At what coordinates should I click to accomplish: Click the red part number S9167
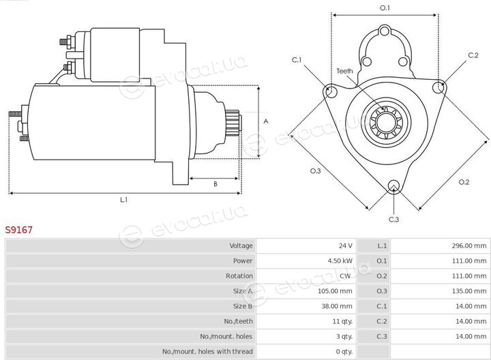tap(19, 230)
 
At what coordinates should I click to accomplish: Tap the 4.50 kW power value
tap(340, 260)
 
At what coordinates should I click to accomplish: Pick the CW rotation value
tap(345, 275)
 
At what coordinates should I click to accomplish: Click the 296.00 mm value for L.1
tap(469, 245)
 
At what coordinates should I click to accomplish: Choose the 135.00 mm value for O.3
tap(469, 291)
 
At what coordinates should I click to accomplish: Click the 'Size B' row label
tap(243, 306)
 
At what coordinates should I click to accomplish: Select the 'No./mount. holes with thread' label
tap(207, 352)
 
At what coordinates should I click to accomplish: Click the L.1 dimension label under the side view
tap(124, 200)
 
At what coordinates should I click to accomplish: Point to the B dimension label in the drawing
tap(215, 184)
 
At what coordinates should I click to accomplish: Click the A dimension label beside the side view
tap(266, 121)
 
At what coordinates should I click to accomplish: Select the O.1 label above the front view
tap(385, 7)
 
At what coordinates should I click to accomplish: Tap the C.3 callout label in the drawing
tap(393, 220)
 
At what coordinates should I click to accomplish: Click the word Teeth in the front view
tap(344, 71)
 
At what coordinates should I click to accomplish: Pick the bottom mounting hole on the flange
tap(393, 187)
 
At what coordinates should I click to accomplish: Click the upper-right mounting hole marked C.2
tap(438, 87)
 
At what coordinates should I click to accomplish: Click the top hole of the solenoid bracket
tap(384, 31)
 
